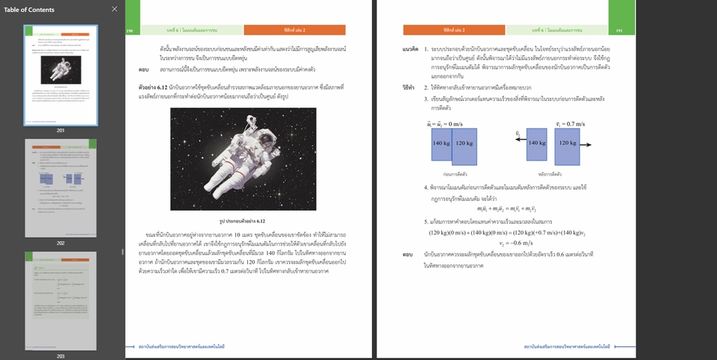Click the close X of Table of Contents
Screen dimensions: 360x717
point(114,9)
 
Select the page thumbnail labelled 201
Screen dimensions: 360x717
point(60,75)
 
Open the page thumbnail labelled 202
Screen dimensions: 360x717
point(60,187)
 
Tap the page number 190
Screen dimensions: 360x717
point(130,30)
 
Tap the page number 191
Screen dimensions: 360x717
point(619,30)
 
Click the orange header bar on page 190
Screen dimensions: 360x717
point(305,30)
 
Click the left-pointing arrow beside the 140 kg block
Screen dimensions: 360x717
point(518,145)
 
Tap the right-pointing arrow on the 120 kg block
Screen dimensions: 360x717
point(586,145)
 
